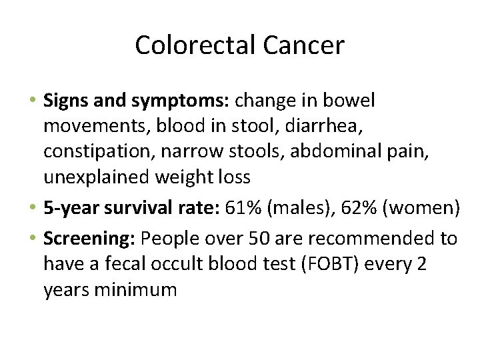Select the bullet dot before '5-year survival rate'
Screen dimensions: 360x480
(35, 208)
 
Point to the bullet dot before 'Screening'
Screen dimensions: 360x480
(35, 239)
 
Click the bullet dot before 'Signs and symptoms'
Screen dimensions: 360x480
(35, 101)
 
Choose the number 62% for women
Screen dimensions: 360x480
(358, 208)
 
